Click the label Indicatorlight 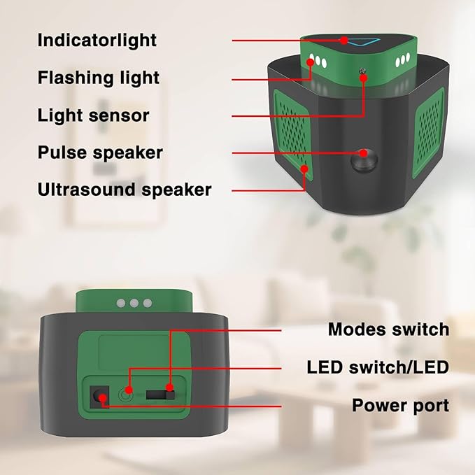97,41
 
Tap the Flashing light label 99,78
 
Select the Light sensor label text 93,115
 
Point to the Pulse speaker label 100,153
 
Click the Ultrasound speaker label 125,190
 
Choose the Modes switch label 389,329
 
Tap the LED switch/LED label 378,367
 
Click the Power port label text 400,405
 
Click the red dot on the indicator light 343,41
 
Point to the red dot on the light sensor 364,78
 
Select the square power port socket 99,397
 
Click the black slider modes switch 161,395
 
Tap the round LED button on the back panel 125,395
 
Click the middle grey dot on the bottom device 134,303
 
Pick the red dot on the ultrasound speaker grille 304,169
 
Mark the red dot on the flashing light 310,62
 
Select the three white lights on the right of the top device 403,61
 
